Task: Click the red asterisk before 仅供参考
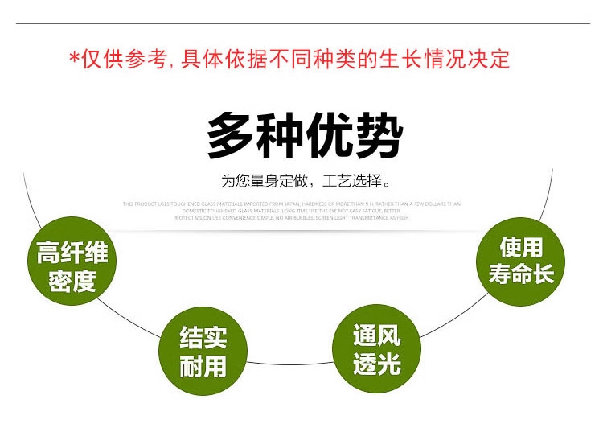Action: [74, 59]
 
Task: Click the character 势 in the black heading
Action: [377, 137]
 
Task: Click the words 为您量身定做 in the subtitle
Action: [265, 181]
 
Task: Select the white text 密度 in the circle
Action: [72, 282]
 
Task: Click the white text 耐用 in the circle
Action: [203, 368]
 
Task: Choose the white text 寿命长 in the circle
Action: [521, 274]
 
